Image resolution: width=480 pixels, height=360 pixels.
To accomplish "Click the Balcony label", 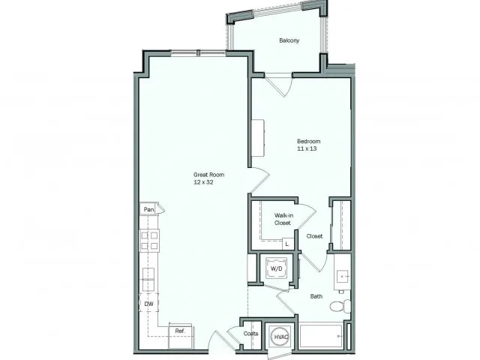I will [289, 40].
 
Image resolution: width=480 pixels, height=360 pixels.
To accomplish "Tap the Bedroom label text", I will [308, 142].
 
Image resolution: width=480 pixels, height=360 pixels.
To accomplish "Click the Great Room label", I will [208, 175].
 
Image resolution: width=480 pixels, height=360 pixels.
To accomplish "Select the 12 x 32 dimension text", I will [208, 182].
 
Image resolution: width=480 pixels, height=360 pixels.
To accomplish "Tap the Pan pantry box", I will [148, 210].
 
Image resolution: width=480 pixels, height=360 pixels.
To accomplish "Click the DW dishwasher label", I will [148, 303].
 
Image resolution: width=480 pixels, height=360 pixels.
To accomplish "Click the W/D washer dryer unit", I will [276, 268].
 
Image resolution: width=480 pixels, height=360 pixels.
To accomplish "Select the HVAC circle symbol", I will [281, 337].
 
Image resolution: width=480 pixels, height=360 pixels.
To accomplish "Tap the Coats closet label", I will [250, 334].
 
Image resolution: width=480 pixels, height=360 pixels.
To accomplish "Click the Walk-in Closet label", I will [283, 218].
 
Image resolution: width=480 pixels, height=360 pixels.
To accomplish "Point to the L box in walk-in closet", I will [286, 243].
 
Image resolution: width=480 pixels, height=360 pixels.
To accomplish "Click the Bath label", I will [316, 295].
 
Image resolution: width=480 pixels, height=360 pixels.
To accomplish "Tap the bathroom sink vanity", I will [343, 274].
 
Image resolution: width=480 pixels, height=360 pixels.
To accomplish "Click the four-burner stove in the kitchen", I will [148, 240].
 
